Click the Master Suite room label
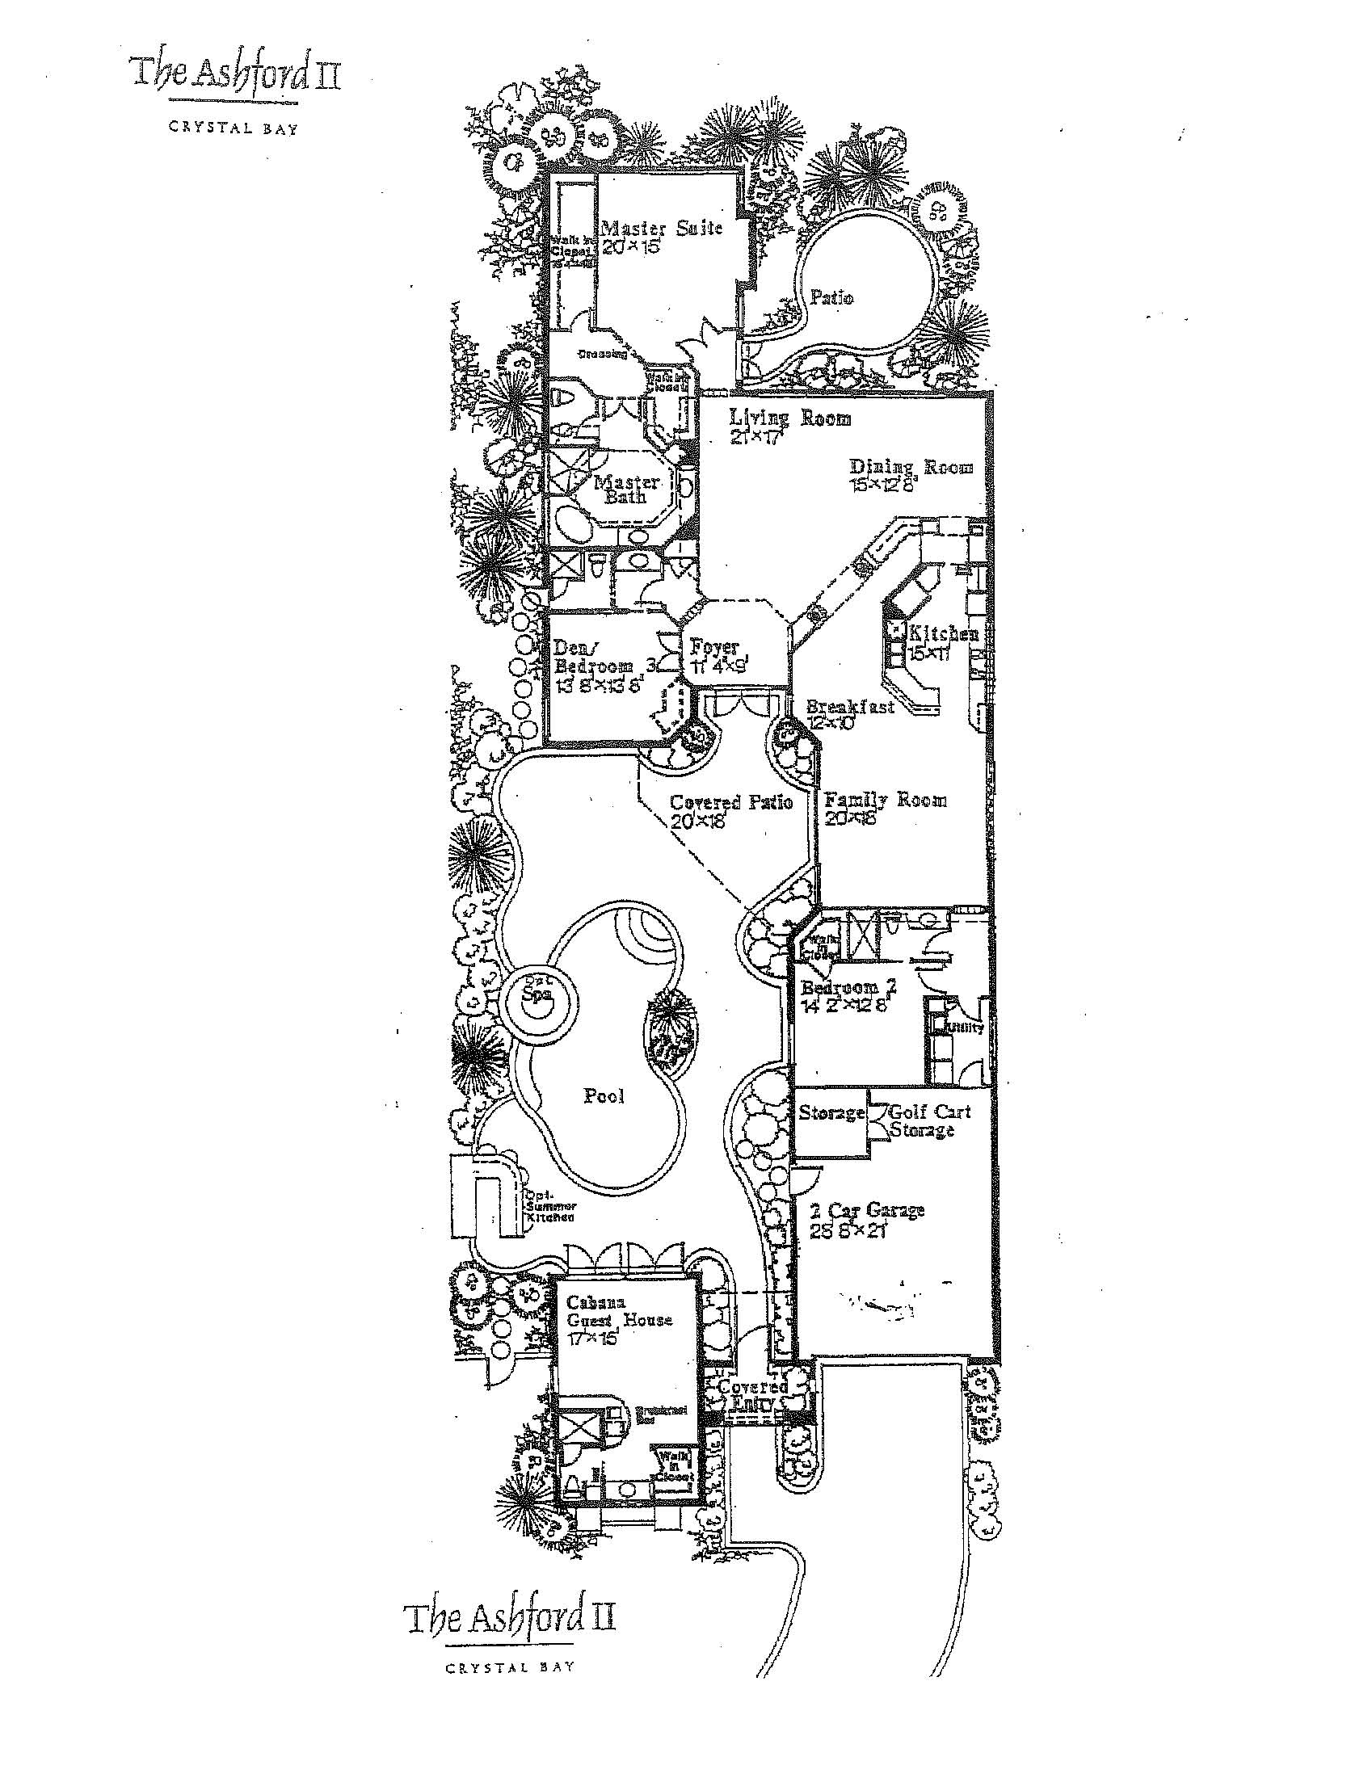pos(660,227)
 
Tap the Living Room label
pos(789,418)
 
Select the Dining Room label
pos(911,467)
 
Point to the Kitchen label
pos(943,633)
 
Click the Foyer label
pos(714,648)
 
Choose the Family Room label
pos(885,800)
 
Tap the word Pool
pos(604,1095)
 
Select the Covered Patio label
pos(730,802)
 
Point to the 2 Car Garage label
pos(866,1210)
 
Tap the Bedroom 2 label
pos(848,987)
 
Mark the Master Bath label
pos(625,490)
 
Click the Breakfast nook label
pos(850,707)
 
